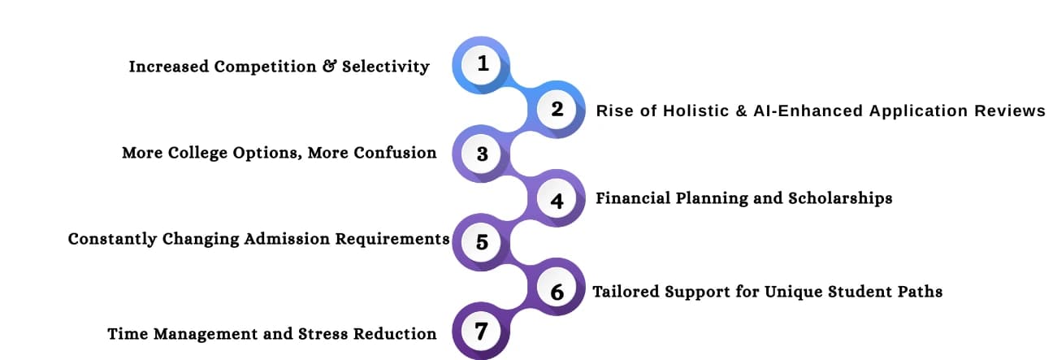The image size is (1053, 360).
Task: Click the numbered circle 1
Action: click(483, 63)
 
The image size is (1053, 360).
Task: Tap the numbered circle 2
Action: click(557, 109)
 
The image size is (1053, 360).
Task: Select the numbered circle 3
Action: click(483, 154)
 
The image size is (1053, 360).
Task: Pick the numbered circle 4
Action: click(557, 200)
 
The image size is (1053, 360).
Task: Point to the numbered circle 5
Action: click(483, 241)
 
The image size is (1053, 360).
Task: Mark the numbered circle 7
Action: click(483, 332)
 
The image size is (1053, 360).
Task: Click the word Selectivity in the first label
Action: click(385, 67)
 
